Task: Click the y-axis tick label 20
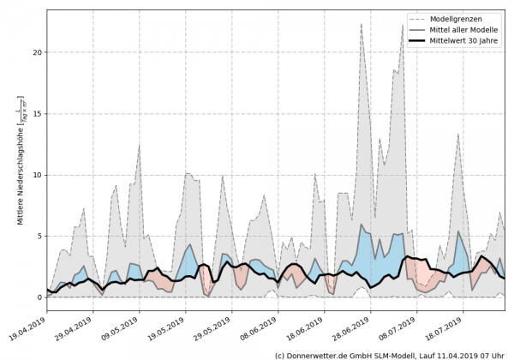(36, 52)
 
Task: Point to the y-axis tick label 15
(36, 113)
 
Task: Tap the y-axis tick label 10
(36, 175)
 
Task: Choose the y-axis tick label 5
(39, 236)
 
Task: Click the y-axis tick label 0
(39, 297)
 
